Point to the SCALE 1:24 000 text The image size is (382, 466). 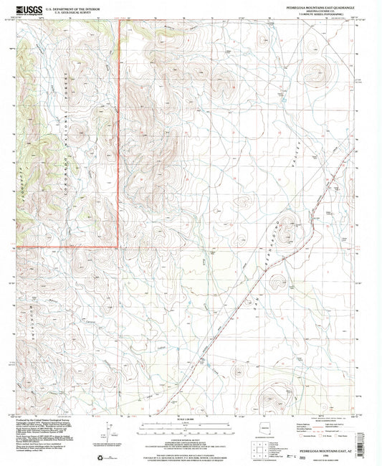[x=190, y=419]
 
